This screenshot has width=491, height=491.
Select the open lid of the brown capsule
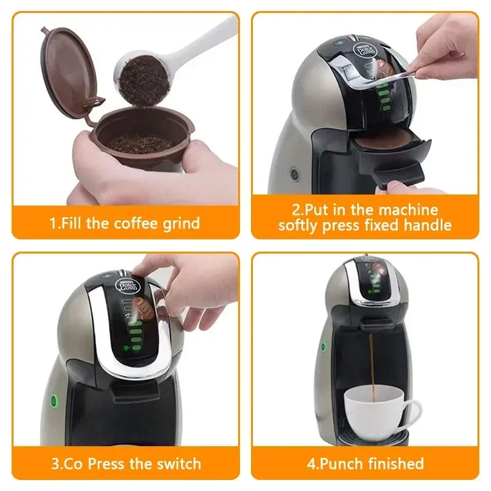(x=67, y=71)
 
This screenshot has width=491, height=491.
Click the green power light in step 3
(x=53, y=401)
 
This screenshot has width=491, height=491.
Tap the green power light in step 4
(x=323, y=346)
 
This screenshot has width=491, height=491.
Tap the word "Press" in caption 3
(x=107, y=463)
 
